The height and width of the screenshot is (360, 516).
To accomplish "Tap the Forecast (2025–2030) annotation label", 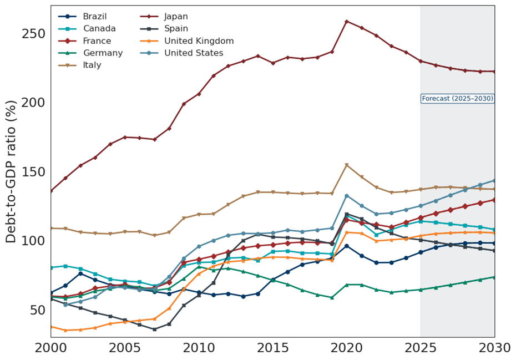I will point(457,99).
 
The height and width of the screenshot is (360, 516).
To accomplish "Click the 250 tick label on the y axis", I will point(34,34).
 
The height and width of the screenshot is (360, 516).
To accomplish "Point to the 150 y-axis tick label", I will point(34,172).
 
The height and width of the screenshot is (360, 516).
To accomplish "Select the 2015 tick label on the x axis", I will point(272,348).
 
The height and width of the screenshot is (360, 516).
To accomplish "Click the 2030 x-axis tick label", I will point(494,348).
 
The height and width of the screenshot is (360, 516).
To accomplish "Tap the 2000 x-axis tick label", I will point(50,348).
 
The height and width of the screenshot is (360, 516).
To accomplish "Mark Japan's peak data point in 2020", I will point(347,22).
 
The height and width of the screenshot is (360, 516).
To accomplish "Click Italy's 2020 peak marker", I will point(347,165).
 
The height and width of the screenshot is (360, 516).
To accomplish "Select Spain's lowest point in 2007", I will point(154,329).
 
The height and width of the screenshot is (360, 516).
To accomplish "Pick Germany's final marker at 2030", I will point(494,277).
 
